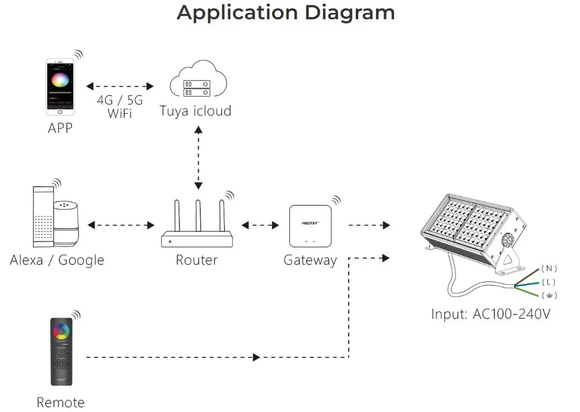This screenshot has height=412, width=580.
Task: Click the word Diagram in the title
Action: coord(350,13)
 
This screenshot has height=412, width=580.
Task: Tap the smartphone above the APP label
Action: coord(61,87)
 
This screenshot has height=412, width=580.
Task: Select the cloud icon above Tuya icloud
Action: coord(198,79)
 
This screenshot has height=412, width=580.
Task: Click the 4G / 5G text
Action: coord(120,100)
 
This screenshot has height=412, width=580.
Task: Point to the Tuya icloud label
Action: coord(195,111)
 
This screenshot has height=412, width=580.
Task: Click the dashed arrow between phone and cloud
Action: coord(120,86)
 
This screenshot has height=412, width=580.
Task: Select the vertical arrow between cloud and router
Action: coord(199,158)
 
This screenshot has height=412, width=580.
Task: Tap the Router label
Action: coord(197,260)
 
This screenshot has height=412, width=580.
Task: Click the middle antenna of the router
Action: coord(199,216)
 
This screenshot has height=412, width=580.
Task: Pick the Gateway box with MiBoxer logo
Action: coord(310,226)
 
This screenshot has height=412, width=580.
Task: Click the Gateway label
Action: coord(310,260)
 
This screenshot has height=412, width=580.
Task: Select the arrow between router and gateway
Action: coord(260,225)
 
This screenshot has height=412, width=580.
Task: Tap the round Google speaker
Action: coord(66,223)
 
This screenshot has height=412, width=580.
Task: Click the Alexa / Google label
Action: coord(57,260)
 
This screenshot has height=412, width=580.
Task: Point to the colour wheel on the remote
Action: coord(62,331)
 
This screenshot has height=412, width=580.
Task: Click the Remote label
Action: coord(61,402)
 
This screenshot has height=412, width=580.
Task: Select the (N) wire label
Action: coord(549,268)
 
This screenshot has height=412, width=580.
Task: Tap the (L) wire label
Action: coord(548,282)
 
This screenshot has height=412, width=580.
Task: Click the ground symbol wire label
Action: coord(549,295)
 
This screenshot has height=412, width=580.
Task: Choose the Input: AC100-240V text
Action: coord(491,314)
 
